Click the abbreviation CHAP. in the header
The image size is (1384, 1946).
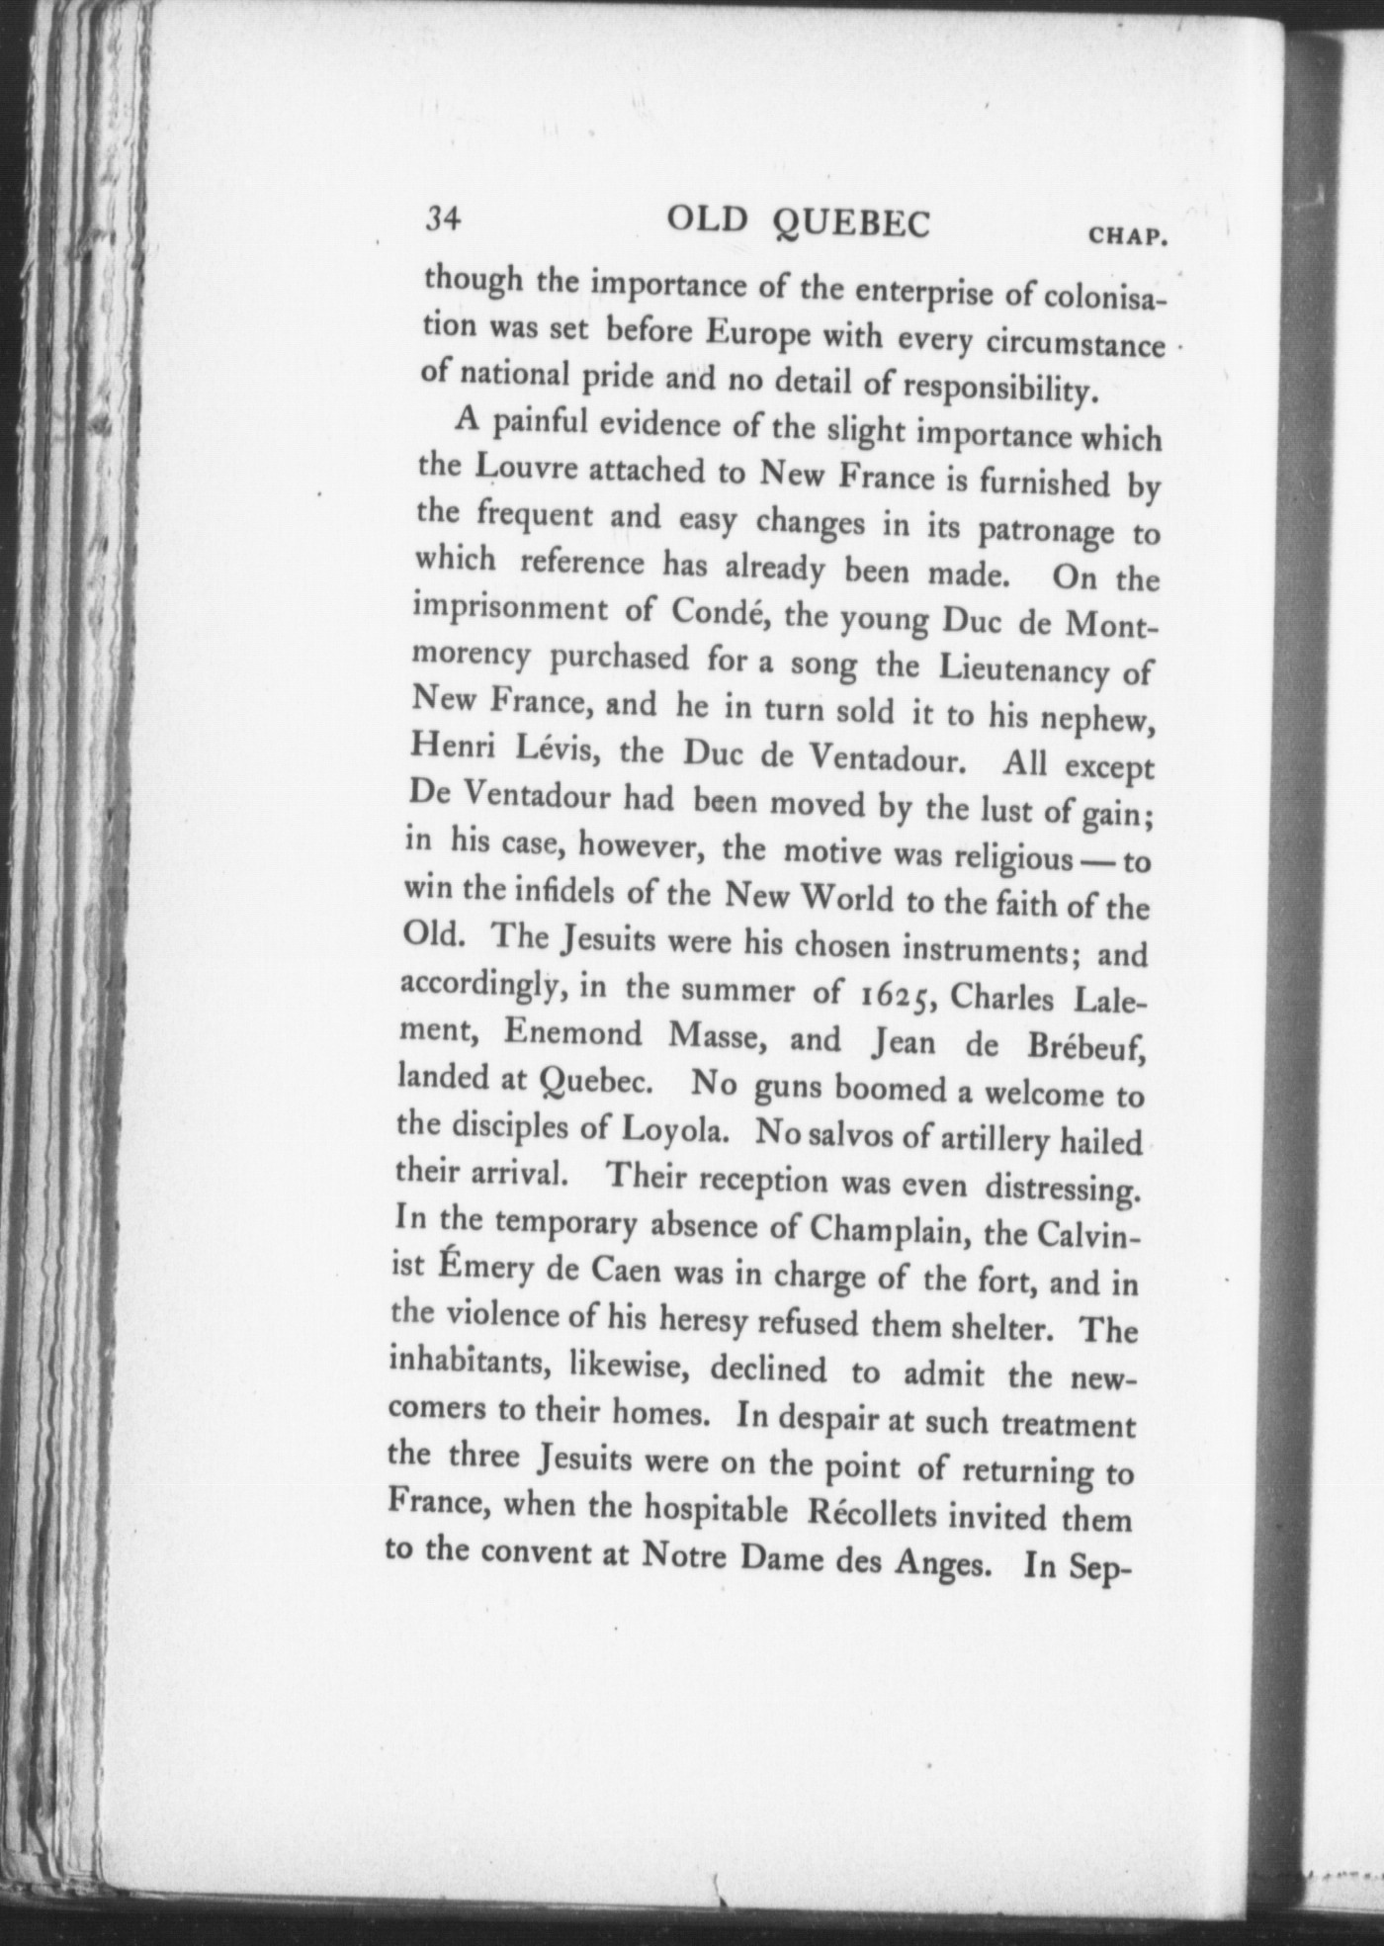[1129, 237]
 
